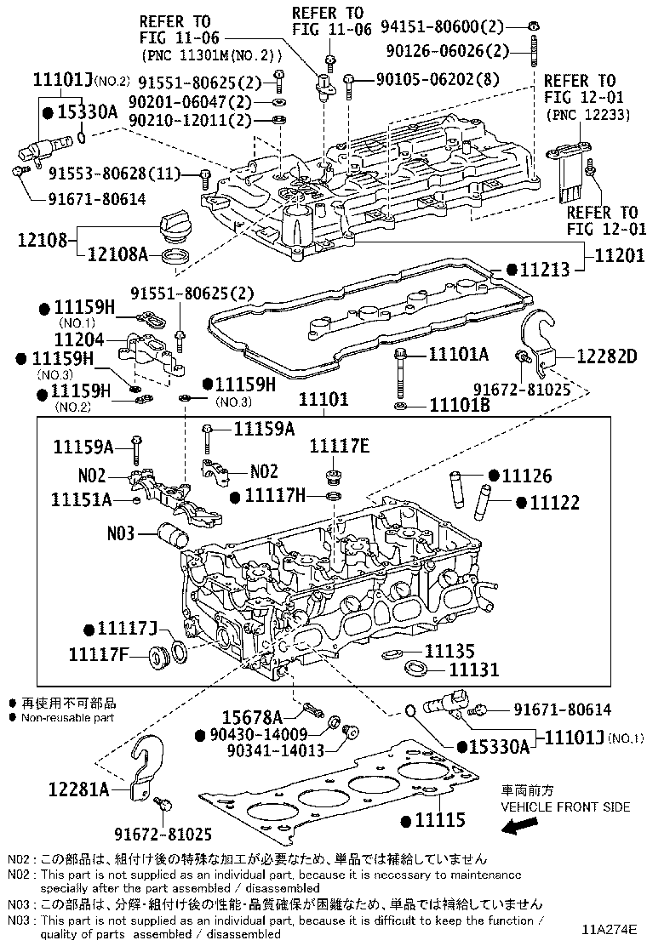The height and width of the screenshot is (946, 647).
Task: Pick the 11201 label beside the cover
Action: pyautogui.click(x=618, y=254)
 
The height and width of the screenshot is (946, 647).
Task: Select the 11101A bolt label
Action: pyautogui.click(x=459, y=354)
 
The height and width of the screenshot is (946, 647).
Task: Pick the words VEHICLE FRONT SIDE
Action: pyautogui.click(x=565, y=806)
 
